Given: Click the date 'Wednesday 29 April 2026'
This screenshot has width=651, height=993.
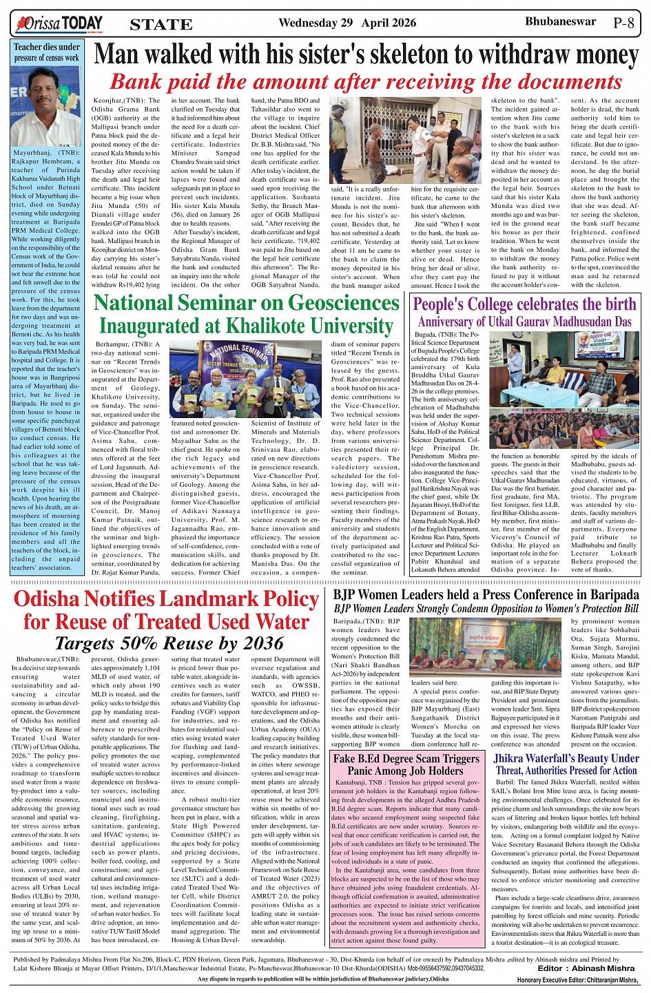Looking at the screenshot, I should [x=347, y=23].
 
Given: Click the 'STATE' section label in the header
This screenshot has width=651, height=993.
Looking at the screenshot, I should [x=161, y=25].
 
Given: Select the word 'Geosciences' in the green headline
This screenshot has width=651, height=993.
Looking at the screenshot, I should [x=343, y=303].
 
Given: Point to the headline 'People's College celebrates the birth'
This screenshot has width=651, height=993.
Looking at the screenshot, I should [x=524, y=304].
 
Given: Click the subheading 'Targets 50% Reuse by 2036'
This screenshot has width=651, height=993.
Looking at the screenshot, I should [x=169, y=643].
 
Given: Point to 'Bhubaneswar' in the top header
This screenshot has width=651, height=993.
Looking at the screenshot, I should [x=560, y=22].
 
